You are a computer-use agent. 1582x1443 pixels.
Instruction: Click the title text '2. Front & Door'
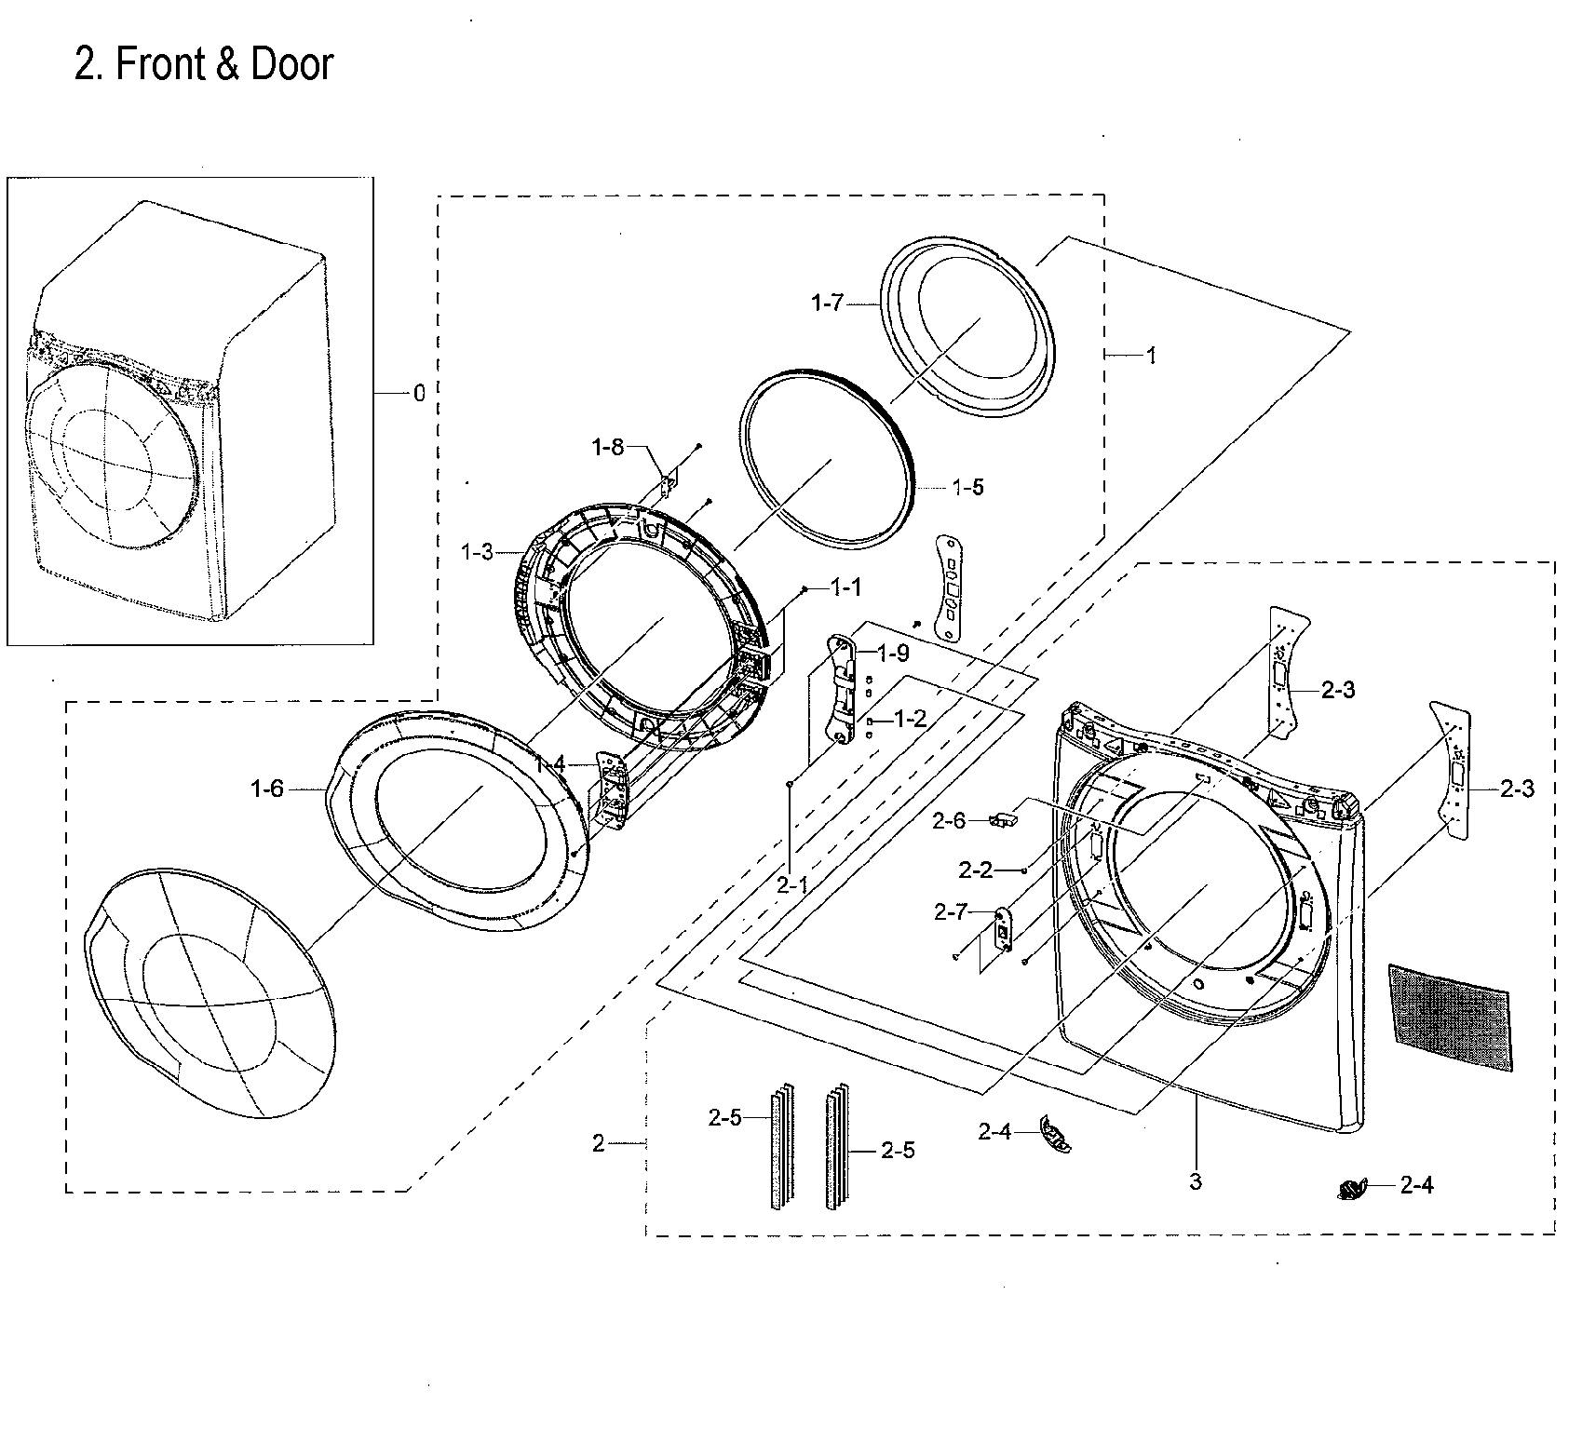(203, 65)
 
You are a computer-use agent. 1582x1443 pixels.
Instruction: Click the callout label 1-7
(826, 303)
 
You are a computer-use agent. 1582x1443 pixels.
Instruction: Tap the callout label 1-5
(968, 487)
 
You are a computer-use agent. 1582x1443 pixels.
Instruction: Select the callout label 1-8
(607, 448)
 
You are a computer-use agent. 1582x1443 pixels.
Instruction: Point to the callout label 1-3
(477, 552)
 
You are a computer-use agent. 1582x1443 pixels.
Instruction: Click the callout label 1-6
(266, 789)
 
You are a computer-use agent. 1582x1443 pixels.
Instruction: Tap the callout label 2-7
(951, 913)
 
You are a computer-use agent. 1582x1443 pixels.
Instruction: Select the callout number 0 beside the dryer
(419, 394)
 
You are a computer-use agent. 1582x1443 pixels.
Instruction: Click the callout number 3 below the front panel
(1196, 1182)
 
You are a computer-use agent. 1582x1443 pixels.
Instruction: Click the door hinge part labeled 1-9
(842, 689)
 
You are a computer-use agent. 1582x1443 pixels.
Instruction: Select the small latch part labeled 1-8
(668, 484)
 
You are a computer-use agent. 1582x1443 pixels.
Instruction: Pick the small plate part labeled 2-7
(1002, 930)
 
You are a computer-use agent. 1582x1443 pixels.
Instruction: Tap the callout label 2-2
(975, 870)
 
